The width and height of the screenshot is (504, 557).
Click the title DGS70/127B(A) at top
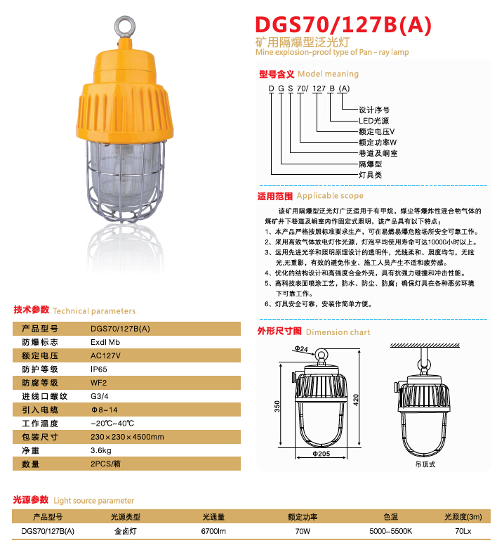tap(343, 26)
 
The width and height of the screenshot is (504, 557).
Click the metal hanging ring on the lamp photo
tap(128, 26)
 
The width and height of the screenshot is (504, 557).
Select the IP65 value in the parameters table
tap(99, 369)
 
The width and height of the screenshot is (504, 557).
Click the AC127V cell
tap(106, 355)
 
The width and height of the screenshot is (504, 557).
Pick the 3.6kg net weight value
tap(102, 450)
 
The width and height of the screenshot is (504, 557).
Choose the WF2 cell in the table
tap(99, 383)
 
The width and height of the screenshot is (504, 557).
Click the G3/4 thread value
tap(99, 396)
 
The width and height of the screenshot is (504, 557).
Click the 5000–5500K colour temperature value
tap(391, 532)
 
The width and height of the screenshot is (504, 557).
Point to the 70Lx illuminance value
tap(463, 532)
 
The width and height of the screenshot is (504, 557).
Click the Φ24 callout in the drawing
tap(300, 348)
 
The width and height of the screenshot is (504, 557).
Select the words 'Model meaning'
tap(328, 74)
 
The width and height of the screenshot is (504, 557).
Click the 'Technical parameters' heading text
tap(94, 310)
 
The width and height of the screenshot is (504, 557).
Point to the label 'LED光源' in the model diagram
tap(373, 121)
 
